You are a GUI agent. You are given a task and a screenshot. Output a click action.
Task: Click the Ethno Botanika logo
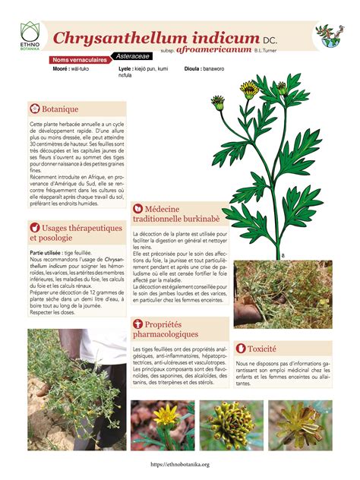point(30,36)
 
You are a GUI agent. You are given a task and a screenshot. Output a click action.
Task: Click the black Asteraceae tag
point(132,55)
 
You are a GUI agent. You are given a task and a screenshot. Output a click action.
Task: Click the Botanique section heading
point(60,109)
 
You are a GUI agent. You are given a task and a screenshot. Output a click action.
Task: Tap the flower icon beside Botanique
point(34,109)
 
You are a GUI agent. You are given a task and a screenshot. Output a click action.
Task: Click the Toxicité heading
point(261,349)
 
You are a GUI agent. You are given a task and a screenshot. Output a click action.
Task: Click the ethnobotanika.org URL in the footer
point(180,464)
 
